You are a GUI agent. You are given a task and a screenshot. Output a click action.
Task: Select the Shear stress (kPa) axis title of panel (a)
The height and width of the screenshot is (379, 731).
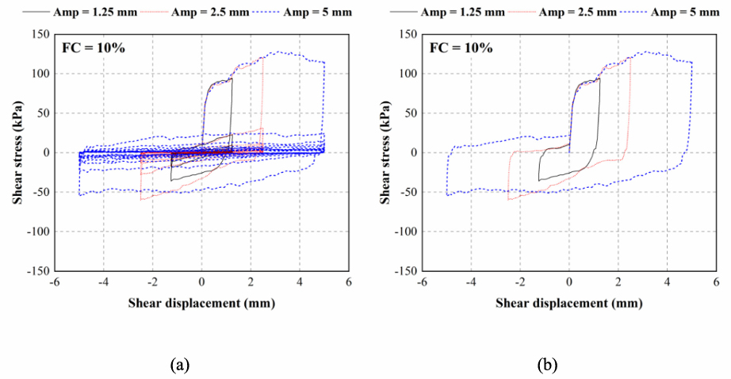pyautogui.click(x=17, y=152)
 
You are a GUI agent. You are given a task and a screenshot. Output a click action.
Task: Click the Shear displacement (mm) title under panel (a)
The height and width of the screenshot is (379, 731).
pyautogui.click(x=201, y=303)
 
